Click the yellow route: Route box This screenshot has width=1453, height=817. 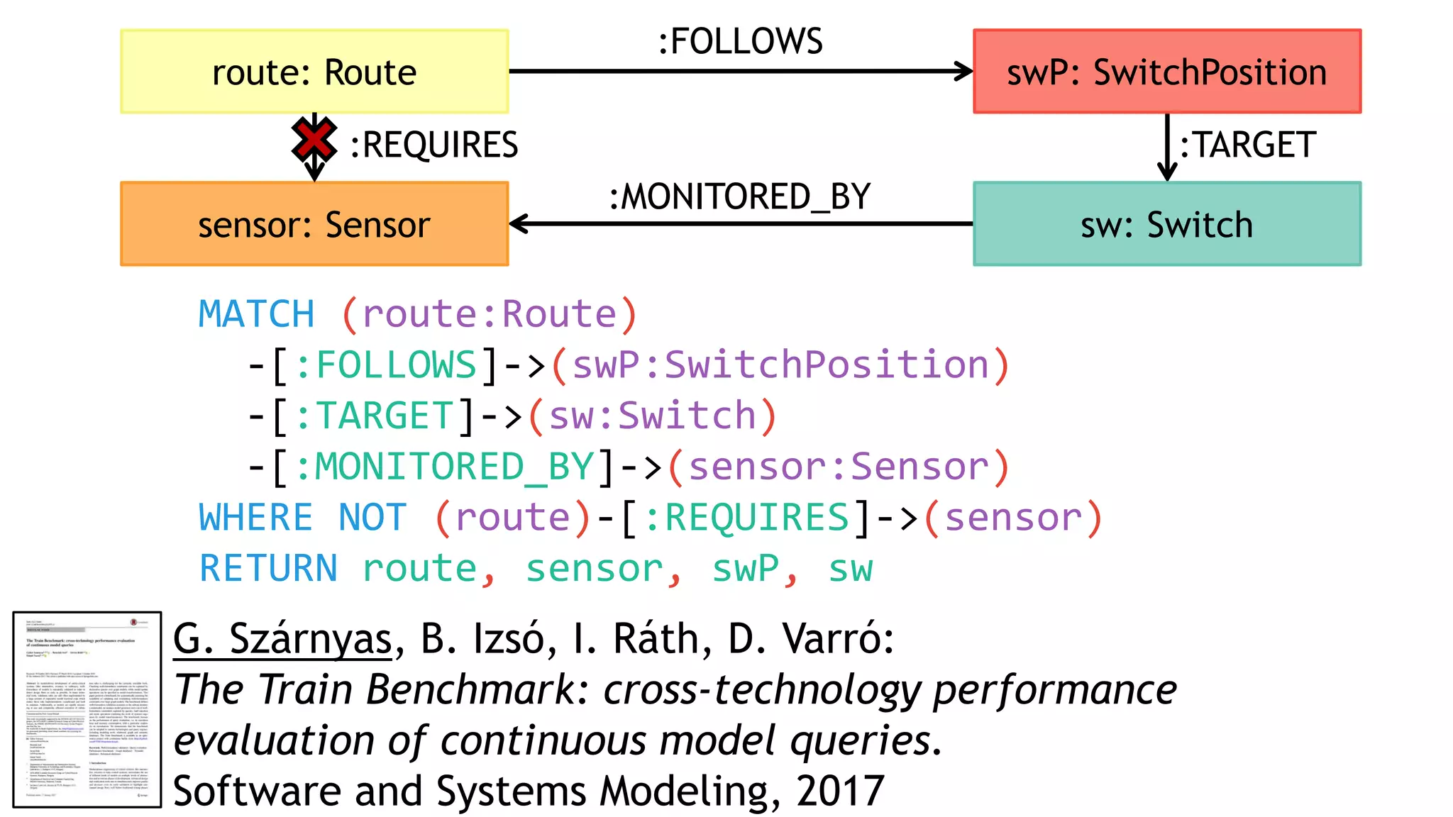pos(314,72)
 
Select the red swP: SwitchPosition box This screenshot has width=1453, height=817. pos(1167,72)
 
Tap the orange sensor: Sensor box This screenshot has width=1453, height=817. pos(314,224)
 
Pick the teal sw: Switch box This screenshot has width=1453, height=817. pos(1167,224)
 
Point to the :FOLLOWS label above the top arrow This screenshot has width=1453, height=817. pos(740,41)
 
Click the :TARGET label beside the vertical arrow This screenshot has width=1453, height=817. pos(1247,145)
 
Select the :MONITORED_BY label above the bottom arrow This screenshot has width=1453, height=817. pos(740,196)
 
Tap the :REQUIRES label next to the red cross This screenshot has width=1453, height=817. pos(434,145)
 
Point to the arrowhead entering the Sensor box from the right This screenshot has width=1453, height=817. pos(519,224)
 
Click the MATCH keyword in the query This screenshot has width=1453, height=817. pos(256,314)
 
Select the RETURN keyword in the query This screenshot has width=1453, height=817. pos(268,569)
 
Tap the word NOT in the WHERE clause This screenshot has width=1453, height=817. pos(372,518)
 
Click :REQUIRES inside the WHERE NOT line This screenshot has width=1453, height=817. pos(746,518)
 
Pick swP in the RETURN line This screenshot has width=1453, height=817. pos(745,569)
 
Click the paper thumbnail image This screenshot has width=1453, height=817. pos(87,709)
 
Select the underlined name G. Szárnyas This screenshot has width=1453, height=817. pos(282,639)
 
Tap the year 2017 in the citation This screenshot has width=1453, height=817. pos(840,791)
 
